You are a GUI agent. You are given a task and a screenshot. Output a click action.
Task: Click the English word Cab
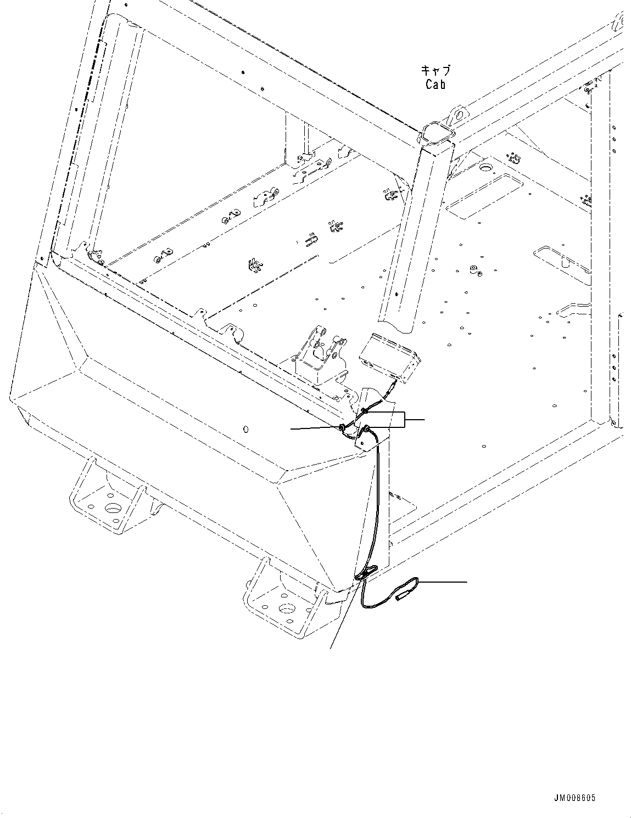pyautogui.click(x=435, y=84)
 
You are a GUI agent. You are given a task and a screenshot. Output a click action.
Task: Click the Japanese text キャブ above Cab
pyautogui.click(x=435, y=70)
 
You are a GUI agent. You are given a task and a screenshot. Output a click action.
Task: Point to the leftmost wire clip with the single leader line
pyautogui.click(x=343, y=427)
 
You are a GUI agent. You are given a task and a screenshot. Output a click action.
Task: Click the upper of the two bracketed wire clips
pyautogui.click(x=364, y=411)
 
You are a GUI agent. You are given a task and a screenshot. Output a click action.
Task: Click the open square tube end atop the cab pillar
pyautogui.click(x=437, y=133)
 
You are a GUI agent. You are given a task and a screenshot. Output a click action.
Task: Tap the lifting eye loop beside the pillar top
pyautogui.click(x=457, y=115)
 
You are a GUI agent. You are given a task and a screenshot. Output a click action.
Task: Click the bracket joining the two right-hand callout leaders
pyautogui.click(x=405, y=420)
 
